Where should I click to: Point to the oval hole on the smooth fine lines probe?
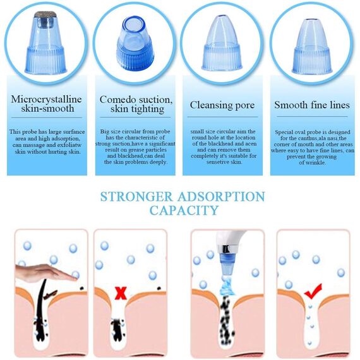tap(312, 19)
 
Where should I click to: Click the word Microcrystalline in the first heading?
tap(46, 99)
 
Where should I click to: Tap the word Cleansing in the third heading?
tap(208, 105)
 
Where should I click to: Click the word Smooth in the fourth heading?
tap(289, 105)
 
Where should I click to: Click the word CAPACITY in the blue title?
tap(184, 210)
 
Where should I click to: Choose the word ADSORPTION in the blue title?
tap(221, 197)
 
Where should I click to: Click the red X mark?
tap(121, 294)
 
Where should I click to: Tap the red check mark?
tap(313, 291)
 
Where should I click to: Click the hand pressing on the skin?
tap(46, 272)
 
